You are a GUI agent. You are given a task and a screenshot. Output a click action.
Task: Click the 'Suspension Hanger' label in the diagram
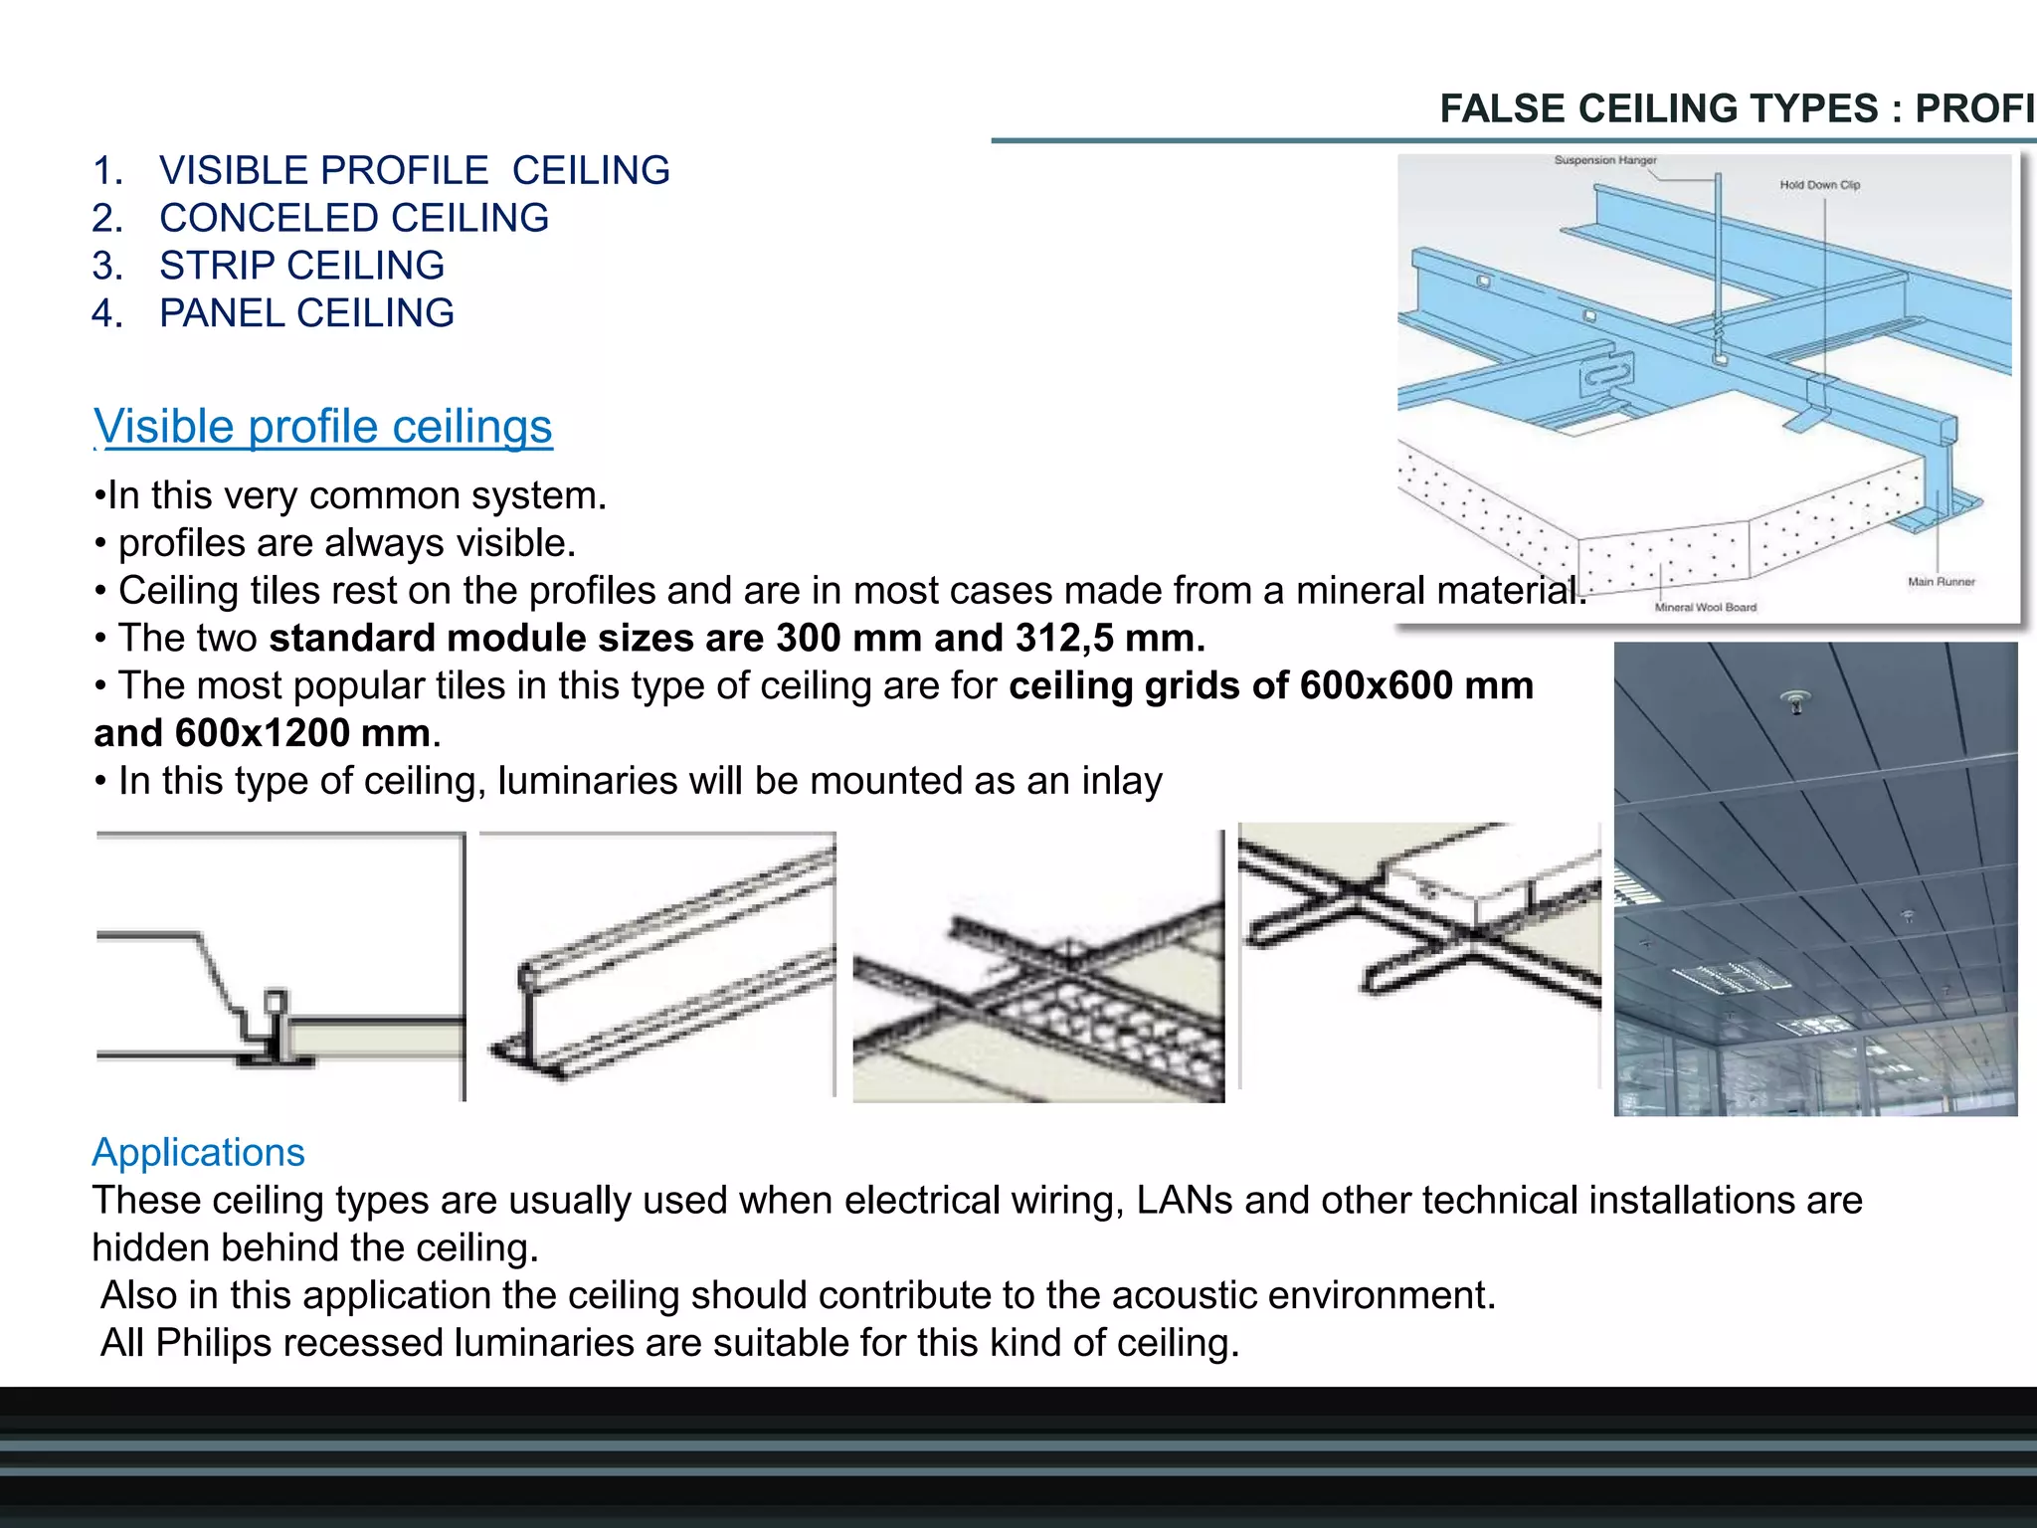click(1604, 160)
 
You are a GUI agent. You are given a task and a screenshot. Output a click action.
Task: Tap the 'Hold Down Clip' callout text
click(1819, 185)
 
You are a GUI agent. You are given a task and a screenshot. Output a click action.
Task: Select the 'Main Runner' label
click(1941, 582)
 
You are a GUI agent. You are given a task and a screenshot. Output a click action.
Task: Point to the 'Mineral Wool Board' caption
click(1705, 607)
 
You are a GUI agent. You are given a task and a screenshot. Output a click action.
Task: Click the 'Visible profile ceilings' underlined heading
click(323, 427)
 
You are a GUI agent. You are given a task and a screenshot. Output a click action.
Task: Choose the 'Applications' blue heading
click(198, 1152)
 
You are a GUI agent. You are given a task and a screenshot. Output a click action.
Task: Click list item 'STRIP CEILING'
click(301, 266)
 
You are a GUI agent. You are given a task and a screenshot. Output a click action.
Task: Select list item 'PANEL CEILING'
click(306, 313)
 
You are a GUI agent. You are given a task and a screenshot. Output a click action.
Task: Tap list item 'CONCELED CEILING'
click(353, 218)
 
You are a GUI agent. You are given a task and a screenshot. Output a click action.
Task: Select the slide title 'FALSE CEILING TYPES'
click(1658, 108)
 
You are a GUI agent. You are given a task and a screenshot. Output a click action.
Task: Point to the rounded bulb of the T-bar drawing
click(528, 979)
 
